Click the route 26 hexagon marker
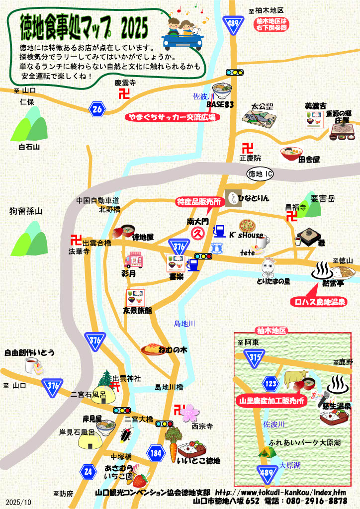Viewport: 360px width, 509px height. tap(98, 108)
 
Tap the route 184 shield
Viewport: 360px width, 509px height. tap(155, 452)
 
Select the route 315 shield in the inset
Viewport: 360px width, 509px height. tap(255, 357)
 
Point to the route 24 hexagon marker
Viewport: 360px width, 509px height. tap(88, 471)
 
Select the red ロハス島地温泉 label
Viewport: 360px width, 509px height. tap(318, 302)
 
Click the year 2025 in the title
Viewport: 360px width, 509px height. tap(134, 28)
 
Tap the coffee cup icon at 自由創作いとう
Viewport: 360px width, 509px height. tap(33, 366)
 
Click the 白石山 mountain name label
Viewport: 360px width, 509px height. tap(29, 148)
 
